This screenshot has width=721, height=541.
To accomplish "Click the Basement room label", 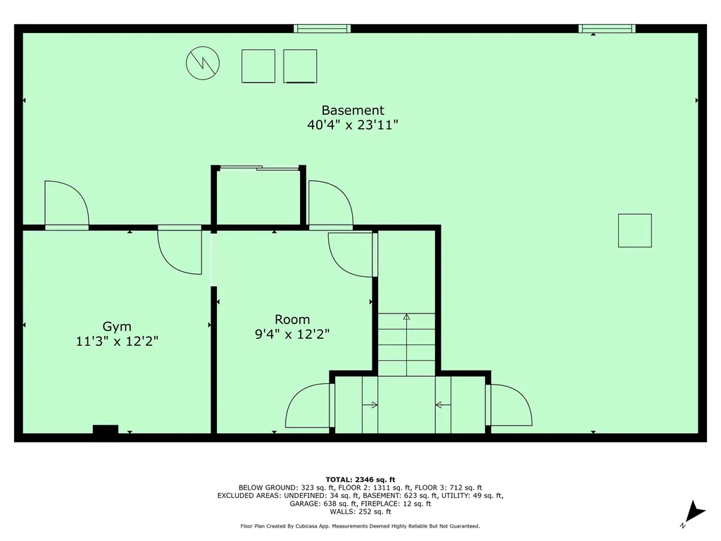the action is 353,111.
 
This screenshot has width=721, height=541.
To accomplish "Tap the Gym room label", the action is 117,326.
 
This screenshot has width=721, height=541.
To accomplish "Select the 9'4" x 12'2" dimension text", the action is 292,334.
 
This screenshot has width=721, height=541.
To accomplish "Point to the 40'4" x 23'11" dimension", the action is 353,125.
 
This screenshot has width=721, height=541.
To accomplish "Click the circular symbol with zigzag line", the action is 203,63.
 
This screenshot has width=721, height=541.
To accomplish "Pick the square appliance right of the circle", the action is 258,66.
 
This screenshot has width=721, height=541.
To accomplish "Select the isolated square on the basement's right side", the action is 634,230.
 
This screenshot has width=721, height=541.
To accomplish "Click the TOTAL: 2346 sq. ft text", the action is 360,479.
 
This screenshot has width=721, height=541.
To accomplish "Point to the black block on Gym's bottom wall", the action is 106,429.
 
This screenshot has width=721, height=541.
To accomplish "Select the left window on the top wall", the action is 322,28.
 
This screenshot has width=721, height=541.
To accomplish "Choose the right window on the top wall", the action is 607,28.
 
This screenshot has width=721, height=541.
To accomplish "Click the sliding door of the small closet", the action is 258,168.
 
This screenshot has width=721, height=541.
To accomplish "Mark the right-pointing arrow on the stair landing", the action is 370,405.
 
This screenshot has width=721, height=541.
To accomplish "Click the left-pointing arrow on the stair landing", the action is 443,405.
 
